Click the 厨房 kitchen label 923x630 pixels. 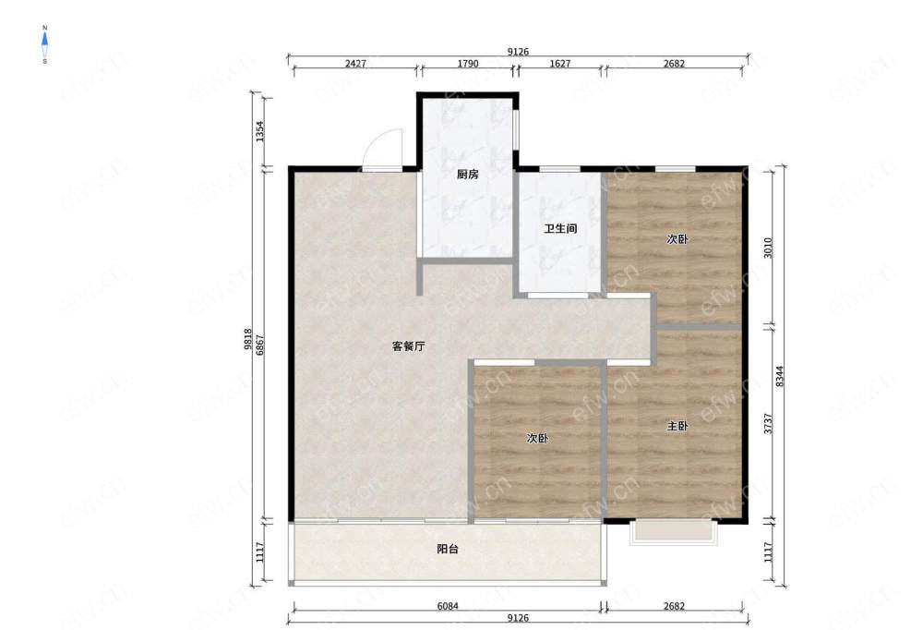tap(468, 175)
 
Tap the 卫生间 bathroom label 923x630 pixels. tap(560, 229)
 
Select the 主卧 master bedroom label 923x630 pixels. tap(677, 426)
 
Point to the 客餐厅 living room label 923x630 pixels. tap(409, 346)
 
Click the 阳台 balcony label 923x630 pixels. tap(448, 550)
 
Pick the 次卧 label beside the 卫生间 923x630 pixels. tap(677, 239)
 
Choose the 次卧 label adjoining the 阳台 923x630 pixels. tap(537, 439)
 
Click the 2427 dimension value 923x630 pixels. tap(355, 64)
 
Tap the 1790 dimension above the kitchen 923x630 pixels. tap(468, 64)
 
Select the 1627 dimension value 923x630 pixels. tap(560, 64)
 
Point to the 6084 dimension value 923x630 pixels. tap(448, 606)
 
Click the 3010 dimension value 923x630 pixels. tap(768, 248)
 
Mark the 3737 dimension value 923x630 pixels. tap(768, 424)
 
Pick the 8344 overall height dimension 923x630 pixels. tap(780, 377)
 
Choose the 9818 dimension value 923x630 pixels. tap(247, 339)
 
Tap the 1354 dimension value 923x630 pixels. tap(259, 131)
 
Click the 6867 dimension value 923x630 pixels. tap(259, 345)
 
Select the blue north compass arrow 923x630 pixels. tap(44, 40)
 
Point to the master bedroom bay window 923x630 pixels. tap(674, 531)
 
